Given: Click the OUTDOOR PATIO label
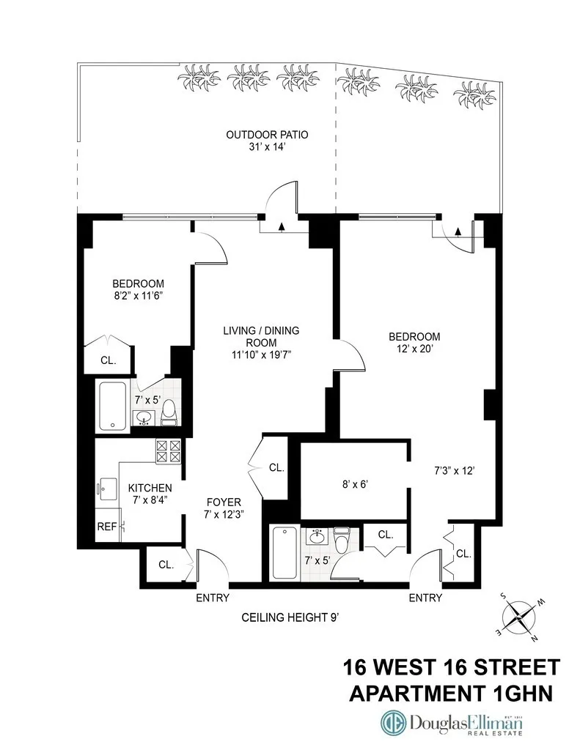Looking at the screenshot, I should click(267, 135).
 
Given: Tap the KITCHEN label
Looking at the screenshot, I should click(150, 488).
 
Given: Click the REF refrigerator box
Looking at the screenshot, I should click(106, 526).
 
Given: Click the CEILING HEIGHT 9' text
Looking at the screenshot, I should click(290, 617).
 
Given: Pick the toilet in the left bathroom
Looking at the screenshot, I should click(169, 412).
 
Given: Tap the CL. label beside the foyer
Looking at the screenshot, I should click(276, 467).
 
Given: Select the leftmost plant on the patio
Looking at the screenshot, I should click(197, 77).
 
